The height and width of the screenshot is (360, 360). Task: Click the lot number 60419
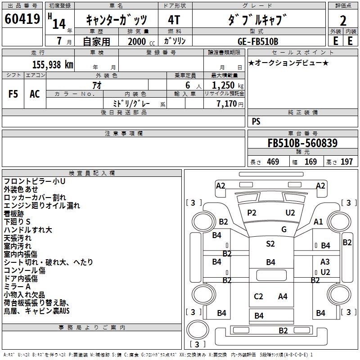click(x=22, y=19)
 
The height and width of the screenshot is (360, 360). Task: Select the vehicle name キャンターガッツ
click(x=116, y=20)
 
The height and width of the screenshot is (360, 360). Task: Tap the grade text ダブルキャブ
click(x=257, y=20)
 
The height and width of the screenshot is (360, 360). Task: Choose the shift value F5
click(x=13, y=94)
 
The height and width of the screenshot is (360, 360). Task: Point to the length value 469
click(x=273, y=162)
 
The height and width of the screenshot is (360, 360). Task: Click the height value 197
click(x=346, y=162)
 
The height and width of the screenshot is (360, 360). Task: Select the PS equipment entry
click(x=256, y=121)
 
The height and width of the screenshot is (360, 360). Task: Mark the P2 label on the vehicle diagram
click(x=252, y=212)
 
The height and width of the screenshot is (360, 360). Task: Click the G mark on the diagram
click(x=284, y=229)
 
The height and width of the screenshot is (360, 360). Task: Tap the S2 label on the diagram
click(x=270, y=244)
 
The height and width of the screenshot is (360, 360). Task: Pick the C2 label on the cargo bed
click(x=258, y=296)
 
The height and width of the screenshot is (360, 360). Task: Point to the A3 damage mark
click(x=325, y=262)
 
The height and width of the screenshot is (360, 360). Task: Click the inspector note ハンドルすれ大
click(x=28, y=230)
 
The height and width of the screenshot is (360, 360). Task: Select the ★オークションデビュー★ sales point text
click(x=288, y=63)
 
